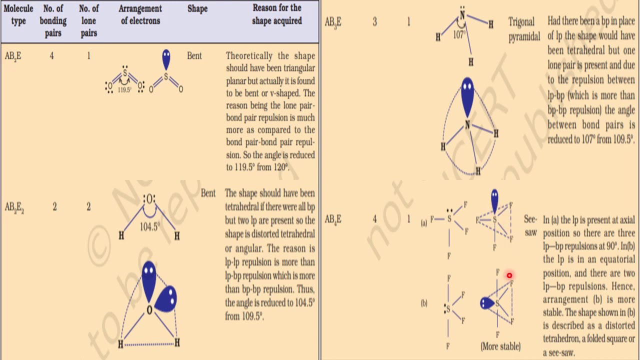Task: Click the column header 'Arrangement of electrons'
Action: pyautogui.click(x=140, y=15)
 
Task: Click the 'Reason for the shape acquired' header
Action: pyautogui.click(x=276, y=14)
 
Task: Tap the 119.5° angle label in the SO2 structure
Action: pyautogui.click(x=124, y=90)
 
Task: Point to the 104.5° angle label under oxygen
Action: pyautogui.click(x=149, y=226)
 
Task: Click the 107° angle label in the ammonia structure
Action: pyautogui.click(x=459, y=34)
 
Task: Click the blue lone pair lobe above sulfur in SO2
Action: pyautogui.click(x=166, y=59)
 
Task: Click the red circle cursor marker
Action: pyautogui.click(x=509, y=275)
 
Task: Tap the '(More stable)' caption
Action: pyautogui.click(x=500, y=346)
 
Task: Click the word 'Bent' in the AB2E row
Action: pyautogui.click(x=194, y=56)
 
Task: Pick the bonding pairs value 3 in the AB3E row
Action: pyautogui.click(x=374, y=22)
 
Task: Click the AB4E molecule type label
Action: pyautogui.click(x=333, y=219)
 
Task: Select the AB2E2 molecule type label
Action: pyautogui.click(x=14, y=207)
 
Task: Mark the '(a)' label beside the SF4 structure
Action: pyautogui.click(x=424, y=223)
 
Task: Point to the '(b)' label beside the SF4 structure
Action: pyautogui.click(x=424, y=303)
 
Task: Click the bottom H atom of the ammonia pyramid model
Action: pyautogui.click(x=478, y=171)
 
